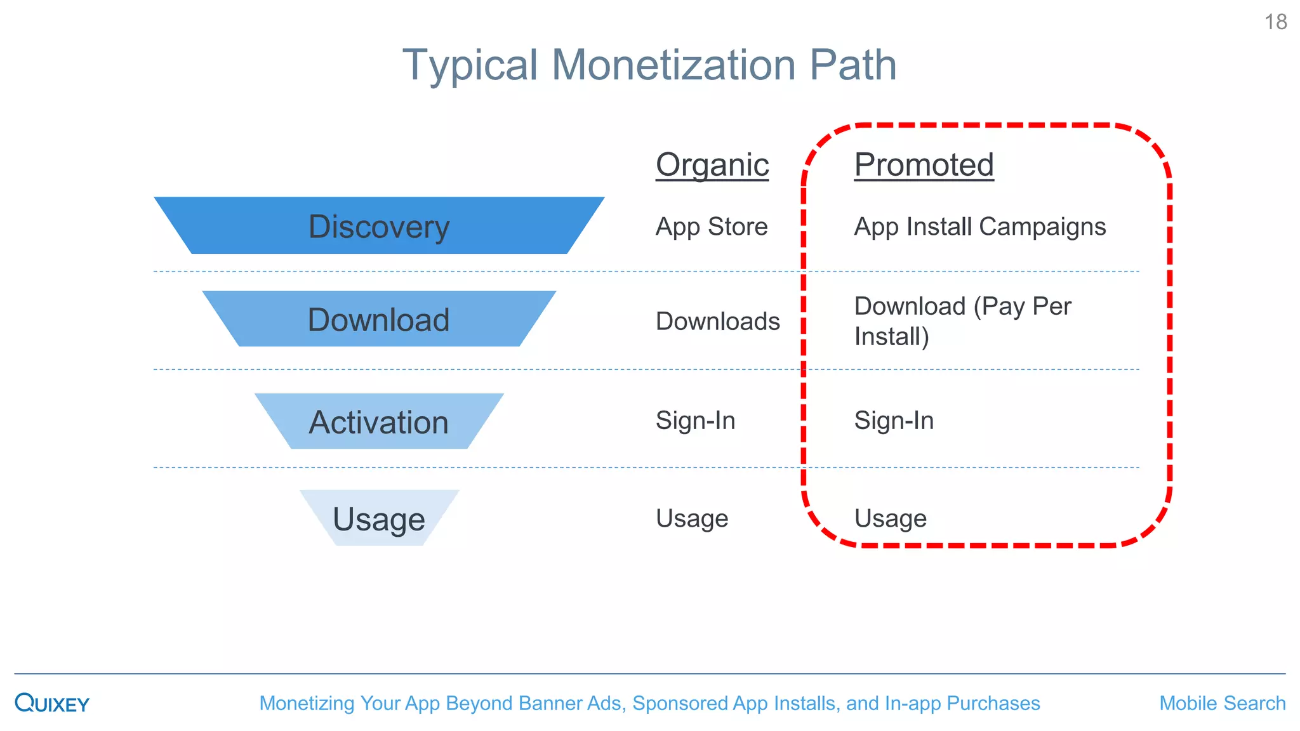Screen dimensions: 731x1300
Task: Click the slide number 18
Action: click(1275, 22)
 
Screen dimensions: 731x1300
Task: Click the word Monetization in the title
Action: click(673, 65)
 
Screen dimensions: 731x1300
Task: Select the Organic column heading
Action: click(712, 165)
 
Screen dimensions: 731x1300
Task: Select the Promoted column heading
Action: click(924, 165)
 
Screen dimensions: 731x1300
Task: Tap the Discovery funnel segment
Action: click(379, 226)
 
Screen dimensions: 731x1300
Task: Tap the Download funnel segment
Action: click(379, 319)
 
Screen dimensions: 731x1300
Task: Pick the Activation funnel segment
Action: click(379, 422)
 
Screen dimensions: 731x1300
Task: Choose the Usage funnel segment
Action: click(379, 519)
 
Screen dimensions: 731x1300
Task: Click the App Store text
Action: click(712, 227)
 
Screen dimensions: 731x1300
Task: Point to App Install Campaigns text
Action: click(979, 227)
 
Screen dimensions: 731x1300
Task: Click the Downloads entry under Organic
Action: click(717, 321)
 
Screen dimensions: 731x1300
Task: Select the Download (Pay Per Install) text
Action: click(962, 320)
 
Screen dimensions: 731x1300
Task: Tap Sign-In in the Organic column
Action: click(695, 420)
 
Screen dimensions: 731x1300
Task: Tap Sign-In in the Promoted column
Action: click(894, 420)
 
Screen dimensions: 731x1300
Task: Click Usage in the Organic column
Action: click(692, 518)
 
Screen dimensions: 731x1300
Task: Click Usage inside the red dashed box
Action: click(890, 518)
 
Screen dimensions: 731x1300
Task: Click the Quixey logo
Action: click(52, 703)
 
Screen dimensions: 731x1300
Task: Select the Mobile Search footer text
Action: click(1222, 703)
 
